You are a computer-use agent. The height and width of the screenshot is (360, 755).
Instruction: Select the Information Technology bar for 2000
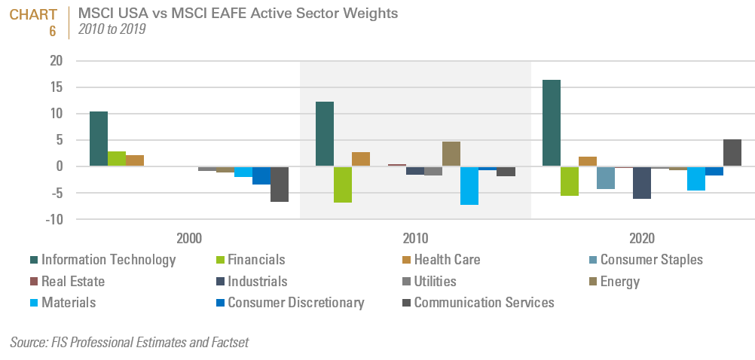point(98,139)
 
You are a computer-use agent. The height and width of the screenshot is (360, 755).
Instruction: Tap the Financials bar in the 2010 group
point(343,185)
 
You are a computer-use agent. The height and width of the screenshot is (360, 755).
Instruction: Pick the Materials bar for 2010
point(469,185)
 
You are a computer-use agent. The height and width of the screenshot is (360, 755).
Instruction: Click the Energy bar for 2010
point(451,154)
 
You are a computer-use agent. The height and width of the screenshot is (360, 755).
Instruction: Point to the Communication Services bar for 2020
point(732,153)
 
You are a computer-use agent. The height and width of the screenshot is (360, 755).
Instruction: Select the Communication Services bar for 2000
point(280,184)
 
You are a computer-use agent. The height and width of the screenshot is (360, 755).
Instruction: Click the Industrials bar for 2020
point(641,182)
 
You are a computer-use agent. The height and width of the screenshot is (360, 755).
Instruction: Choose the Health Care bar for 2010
point(361,159)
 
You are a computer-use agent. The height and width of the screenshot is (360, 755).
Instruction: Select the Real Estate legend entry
point(73,282)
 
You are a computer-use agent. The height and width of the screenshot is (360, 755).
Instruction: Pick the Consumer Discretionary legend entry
point(295,303)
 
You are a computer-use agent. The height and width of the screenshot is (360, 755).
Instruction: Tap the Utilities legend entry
point(435,282)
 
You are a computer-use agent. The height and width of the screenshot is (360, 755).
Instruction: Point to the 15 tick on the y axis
point(57,87)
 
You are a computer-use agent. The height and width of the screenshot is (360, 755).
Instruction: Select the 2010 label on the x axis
point(415,238)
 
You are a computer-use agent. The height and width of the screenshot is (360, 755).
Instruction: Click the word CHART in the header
point(33,14)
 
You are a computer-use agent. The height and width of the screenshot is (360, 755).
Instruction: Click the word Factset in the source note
point(225,343)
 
